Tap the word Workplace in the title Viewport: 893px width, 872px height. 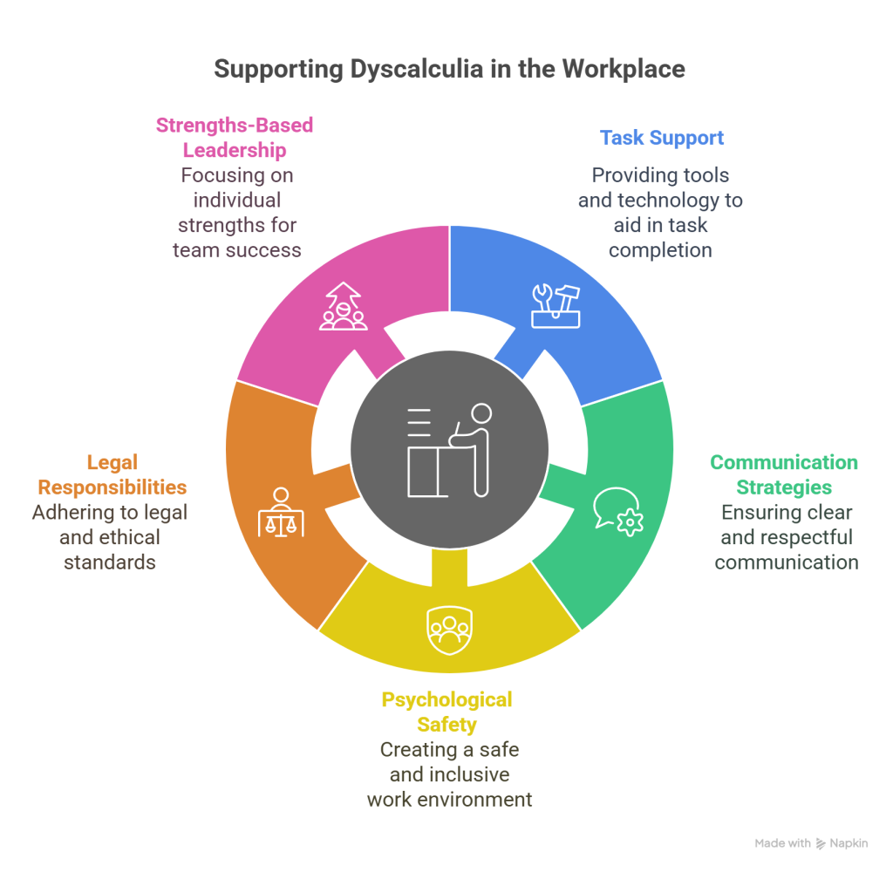tap(623, 69)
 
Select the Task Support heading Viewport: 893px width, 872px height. tap(662, 138)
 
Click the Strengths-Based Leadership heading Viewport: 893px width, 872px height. tap(234, 138)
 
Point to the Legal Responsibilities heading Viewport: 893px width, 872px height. tap(112, 474)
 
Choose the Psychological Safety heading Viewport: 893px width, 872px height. tap(446, 711)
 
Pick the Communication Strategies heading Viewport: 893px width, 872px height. tap(784, 474)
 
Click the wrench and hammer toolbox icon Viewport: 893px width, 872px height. tap(556, 306)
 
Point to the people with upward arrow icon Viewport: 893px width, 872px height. tap(343, 306)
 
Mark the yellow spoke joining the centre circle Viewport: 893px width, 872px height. tap(447, 567)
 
